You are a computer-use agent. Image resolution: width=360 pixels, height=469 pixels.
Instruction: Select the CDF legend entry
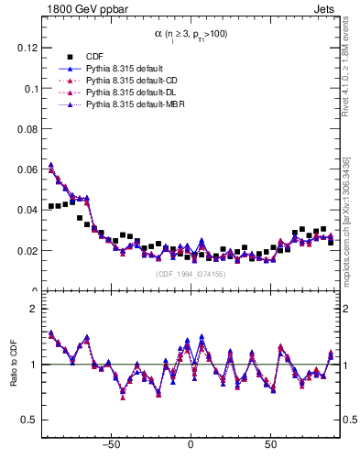95,55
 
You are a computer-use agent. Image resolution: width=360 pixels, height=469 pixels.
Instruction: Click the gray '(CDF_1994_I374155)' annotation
190,273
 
